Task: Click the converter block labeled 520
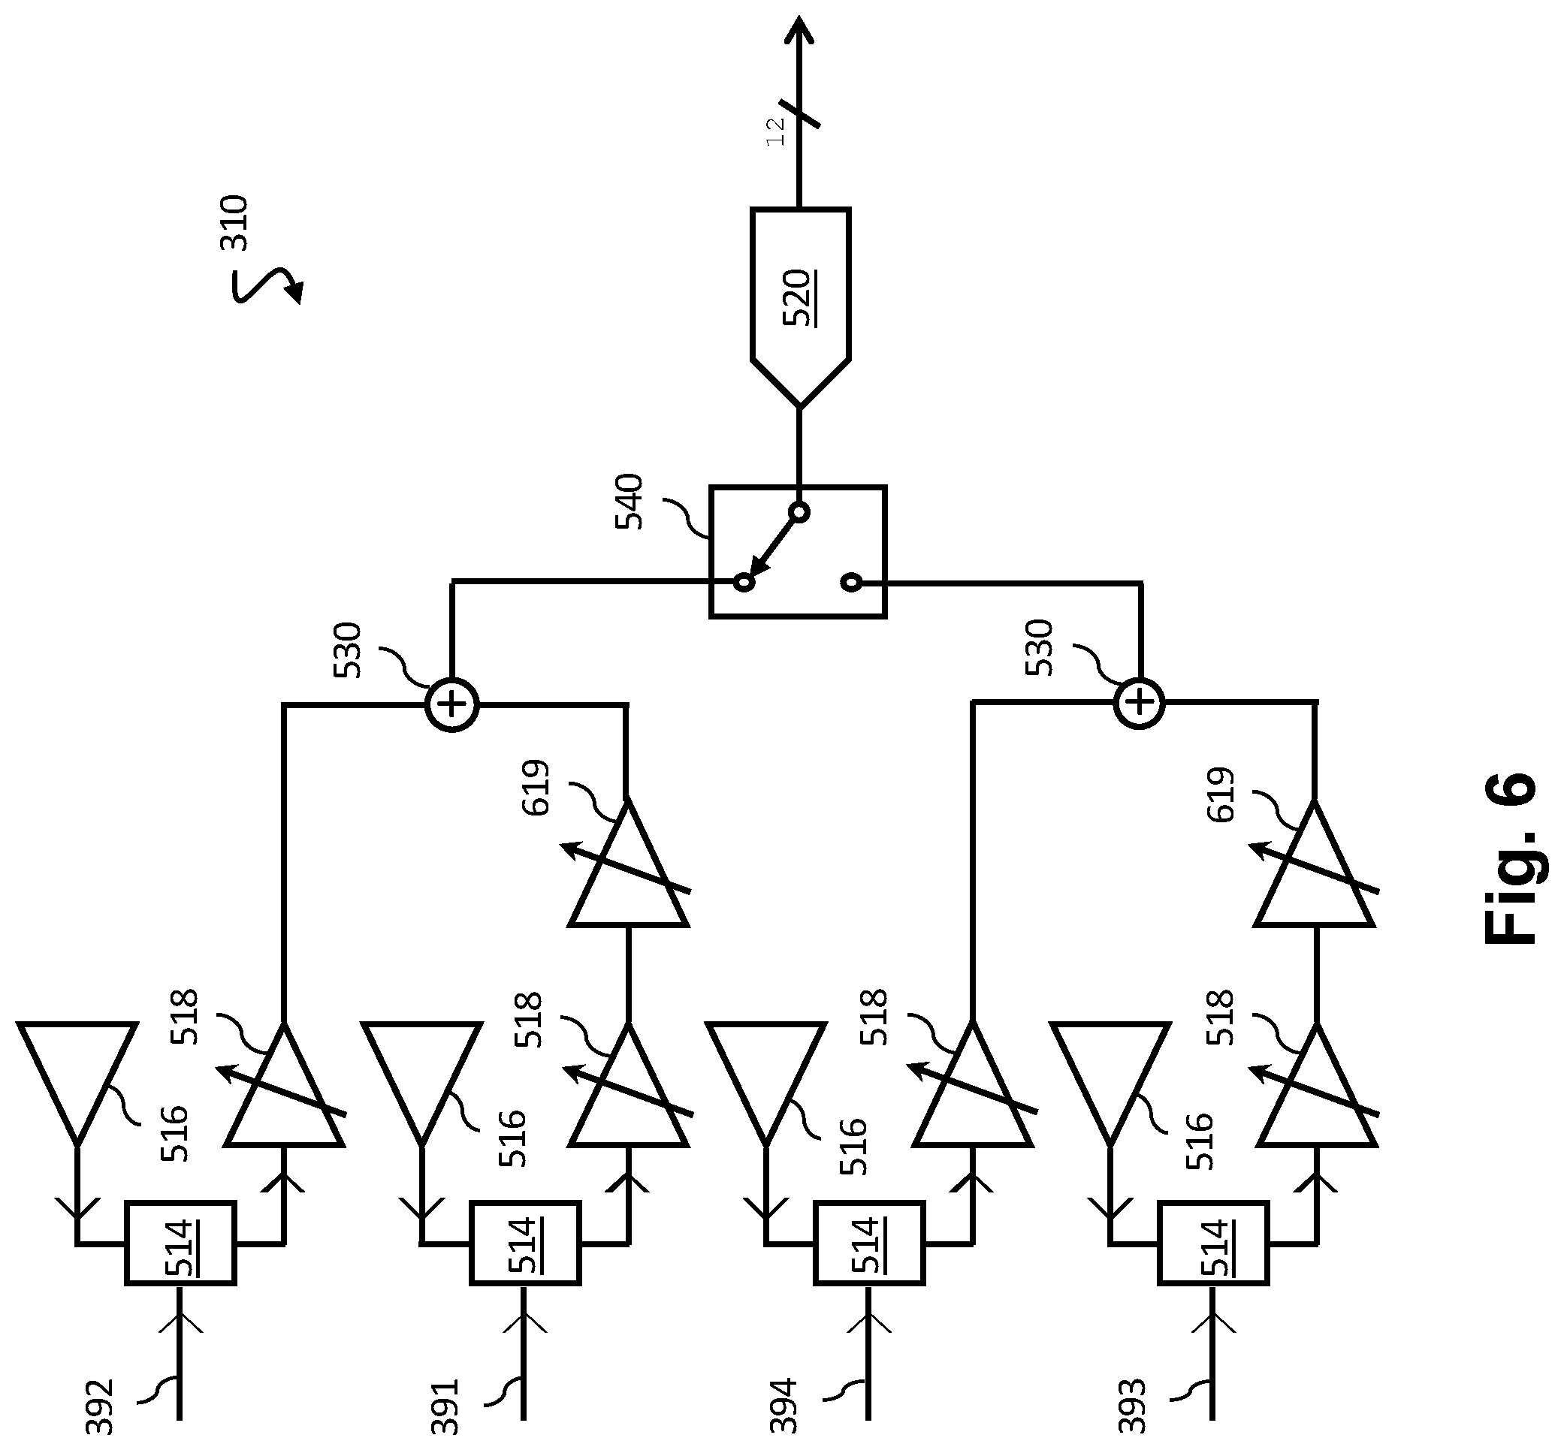pyautogui.click(x=800, y=306)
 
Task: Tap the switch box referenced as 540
pyautogui.click(x=798, y=552)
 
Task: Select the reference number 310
pyautogui.click(x=234, y=223)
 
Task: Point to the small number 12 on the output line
pyautogui.click(x=774, y=131)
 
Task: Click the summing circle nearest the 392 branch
pyautogui.click(x=452, y=704)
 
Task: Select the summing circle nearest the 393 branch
pyautogui.click(x=1140, y=704)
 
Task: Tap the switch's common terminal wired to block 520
pyautogui.click(x=799, y=512)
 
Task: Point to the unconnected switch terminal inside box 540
pyautogui.click(x=850, y=582)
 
